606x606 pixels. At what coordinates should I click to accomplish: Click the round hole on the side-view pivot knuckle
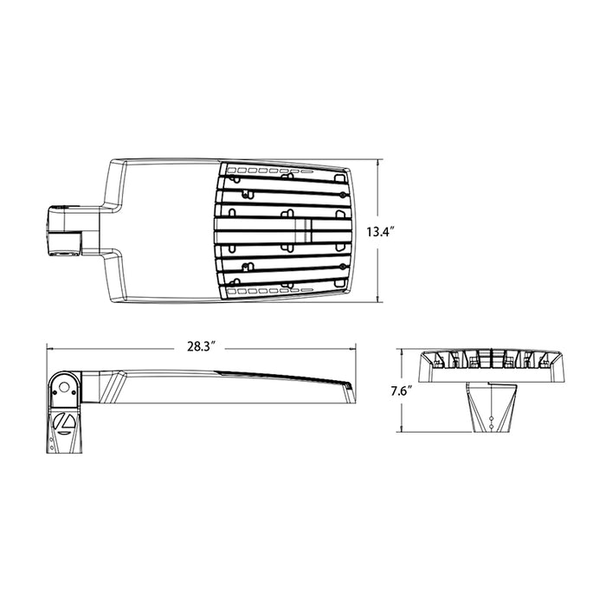[64, 384]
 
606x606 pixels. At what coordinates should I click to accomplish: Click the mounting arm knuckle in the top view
[65, 230]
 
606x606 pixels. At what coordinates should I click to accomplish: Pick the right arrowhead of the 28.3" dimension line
[356, 347]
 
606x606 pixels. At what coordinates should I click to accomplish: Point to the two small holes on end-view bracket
[490, 422]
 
